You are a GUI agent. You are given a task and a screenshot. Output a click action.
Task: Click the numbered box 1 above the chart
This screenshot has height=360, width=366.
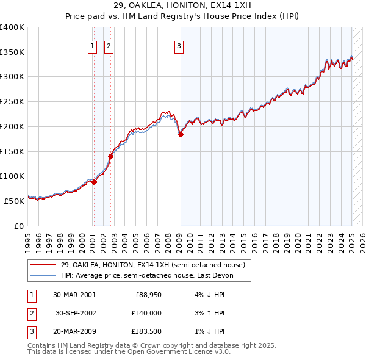click(x=92, y=46)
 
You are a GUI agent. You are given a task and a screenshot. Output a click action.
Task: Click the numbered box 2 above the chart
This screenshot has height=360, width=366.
click(x=109, y=46)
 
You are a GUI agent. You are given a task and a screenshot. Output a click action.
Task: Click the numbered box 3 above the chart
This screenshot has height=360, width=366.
click(x=179, y=46)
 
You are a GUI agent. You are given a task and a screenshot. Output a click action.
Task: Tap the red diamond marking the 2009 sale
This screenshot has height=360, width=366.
click(x=181, y=135)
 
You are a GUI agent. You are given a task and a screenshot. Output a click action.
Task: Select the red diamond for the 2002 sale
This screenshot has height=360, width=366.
click(x=111, y=156)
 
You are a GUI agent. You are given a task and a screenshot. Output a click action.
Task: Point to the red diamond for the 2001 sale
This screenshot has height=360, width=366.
click(x=94, y=181)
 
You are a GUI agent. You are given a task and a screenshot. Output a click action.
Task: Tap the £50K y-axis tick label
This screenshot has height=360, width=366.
click(x=14, y=201)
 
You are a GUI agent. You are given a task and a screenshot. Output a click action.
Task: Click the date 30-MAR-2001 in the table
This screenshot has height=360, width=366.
click(x=74, y=294)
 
